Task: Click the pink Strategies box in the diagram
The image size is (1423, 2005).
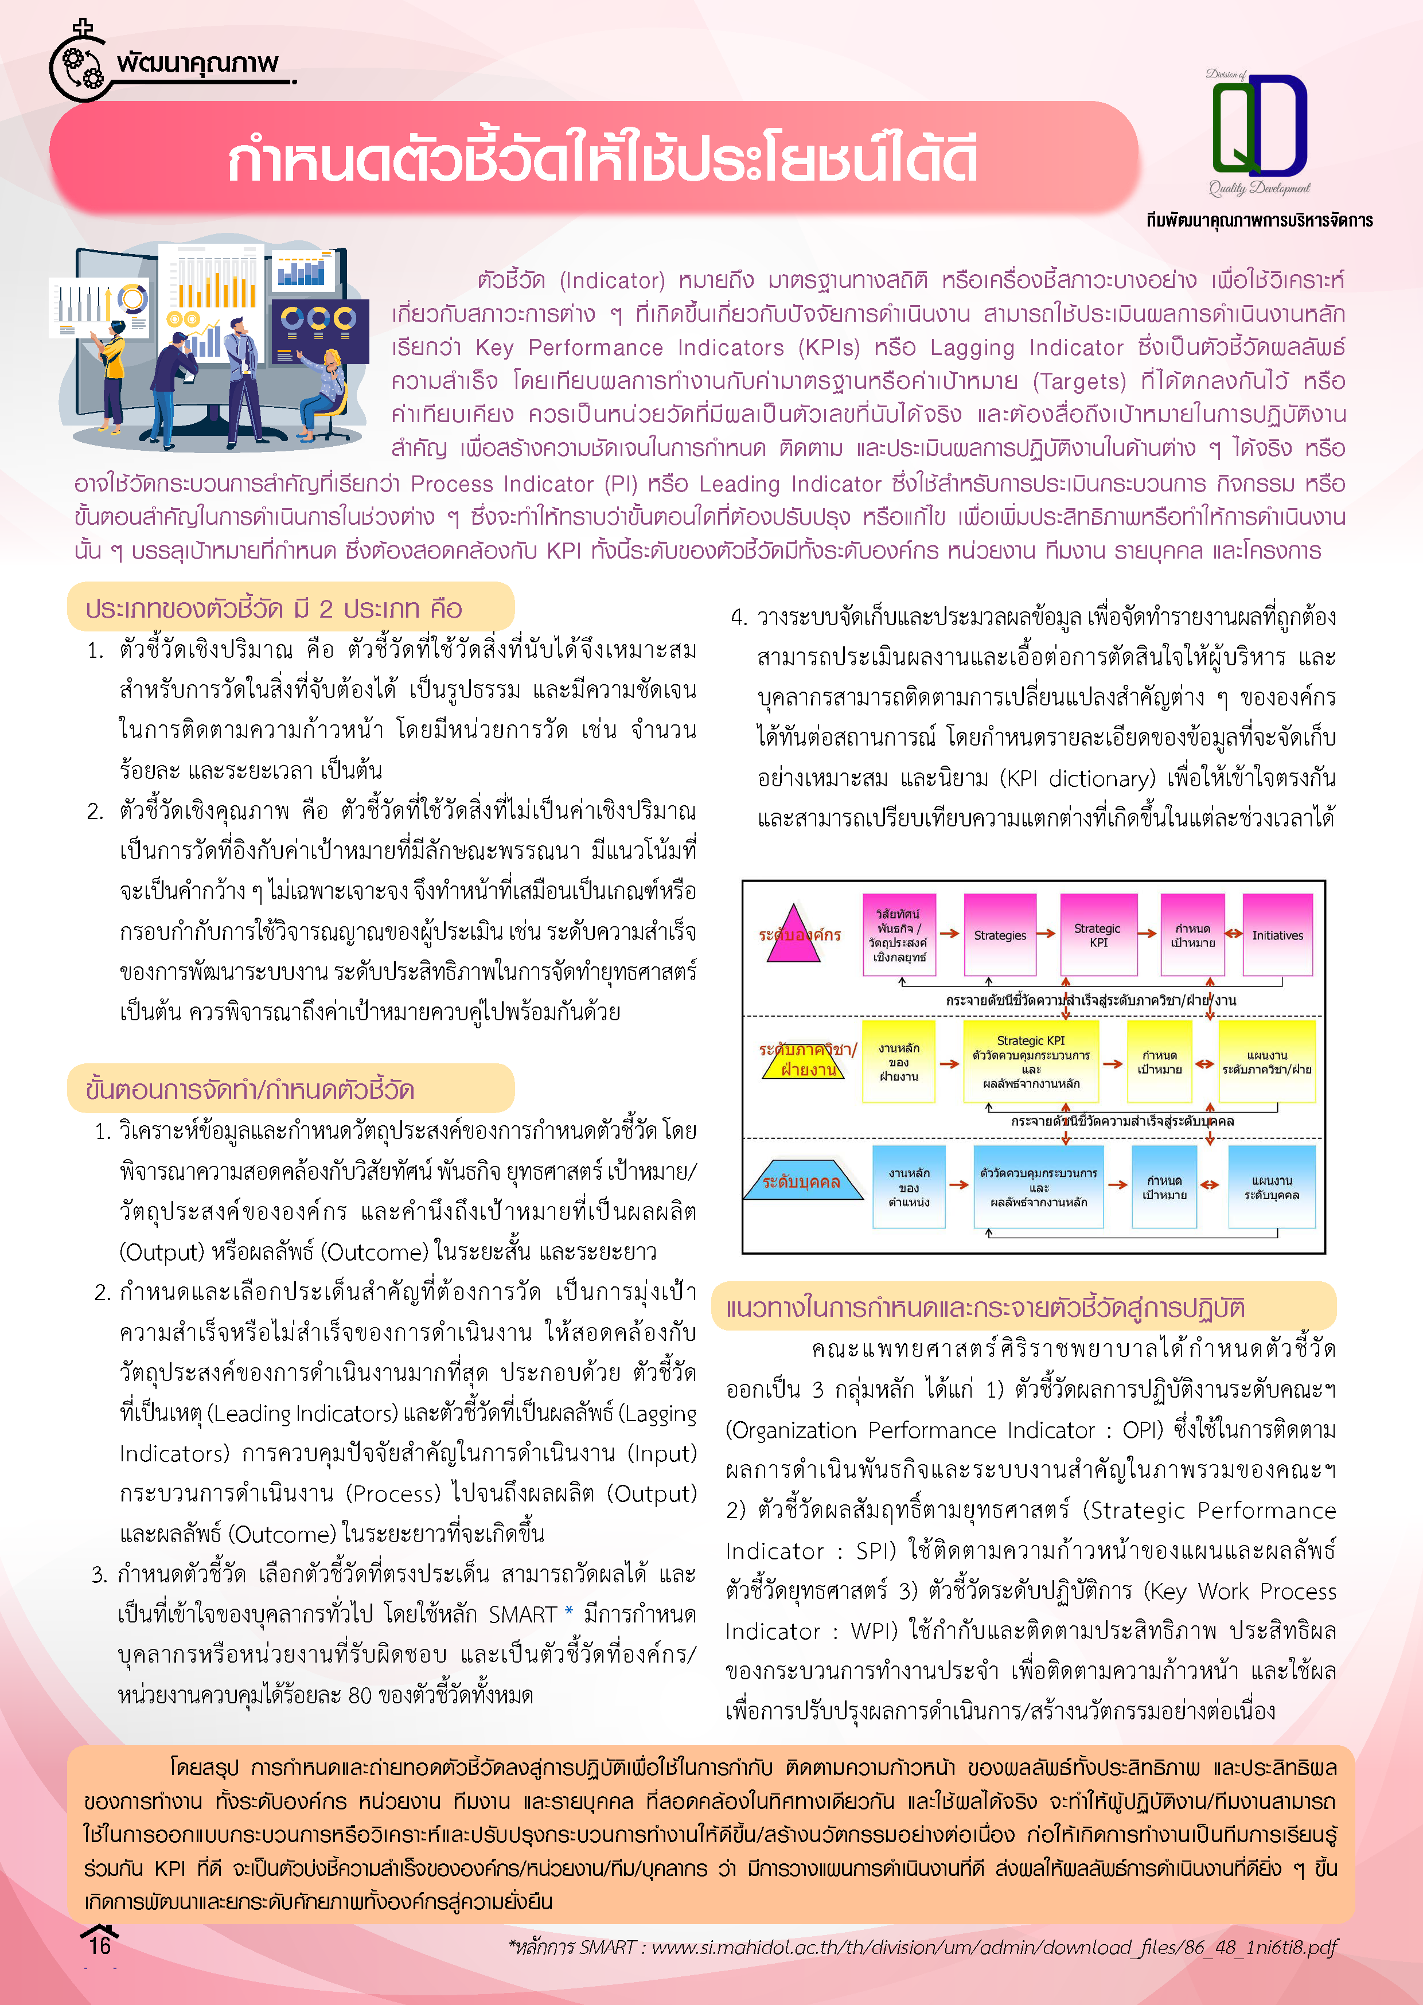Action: (x=999, y=935)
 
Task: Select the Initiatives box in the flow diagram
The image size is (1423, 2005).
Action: (x=1277, y=935)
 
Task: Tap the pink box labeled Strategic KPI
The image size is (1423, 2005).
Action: (x=1098, y=935)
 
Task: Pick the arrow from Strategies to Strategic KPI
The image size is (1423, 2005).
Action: (x=1046, y=934)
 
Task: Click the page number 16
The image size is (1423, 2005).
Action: (x=100, y=1945)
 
